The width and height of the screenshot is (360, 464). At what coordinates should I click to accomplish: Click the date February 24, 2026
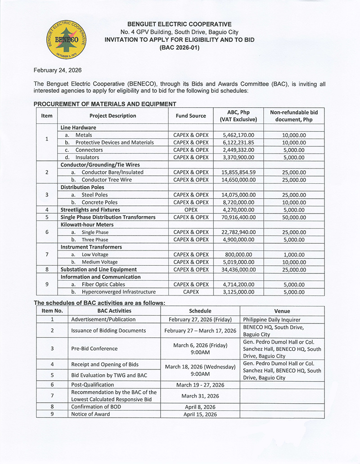58,70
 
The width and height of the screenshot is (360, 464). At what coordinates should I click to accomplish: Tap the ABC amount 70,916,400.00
238,217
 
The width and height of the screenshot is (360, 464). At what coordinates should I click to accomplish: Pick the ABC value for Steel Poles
238,195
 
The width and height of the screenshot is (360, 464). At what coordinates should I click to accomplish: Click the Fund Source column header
191,116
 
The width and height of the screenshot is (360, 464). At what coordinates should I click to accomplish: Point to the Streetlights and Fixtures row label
90,209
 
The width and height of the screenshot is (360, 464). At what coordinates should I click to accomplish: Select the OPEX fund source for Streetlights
191,209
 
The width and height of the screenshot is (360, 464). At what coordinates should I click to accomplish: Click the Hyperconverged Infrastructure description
119,292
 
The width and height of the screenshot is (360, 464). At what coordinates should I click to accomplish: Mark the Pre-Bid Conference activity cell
94,349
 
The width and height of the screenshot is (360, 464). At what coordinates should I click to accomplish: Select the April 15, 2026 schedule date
200,414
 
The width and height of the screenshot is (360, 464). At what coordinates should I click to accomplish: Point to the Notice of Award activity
90,414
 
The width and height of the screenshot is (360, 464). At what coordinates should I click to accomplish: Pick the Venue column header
282,311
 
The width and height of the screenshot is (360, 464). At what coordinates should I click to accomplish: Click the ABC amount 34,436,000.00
238,269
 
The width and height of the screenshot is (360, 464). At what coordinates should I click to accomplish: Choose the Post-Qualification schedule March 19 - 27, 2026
200,385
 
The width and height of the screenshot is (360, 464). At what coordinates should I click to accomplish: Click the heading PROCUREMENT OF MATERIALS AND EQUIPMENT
105,104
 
